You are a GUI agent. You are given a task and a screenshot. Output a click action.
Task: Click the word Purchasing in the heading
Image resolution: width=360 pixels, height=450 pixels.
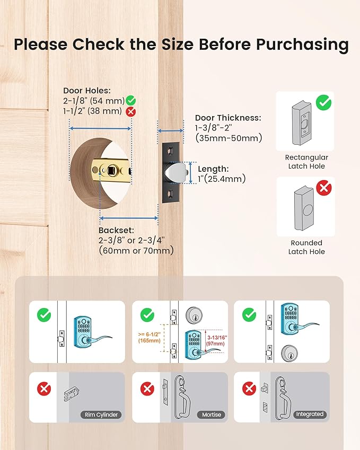302,45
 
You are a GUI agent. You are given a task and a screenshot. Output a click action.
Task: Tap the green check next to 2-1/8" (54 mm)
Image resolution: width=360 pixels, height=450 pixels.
130,101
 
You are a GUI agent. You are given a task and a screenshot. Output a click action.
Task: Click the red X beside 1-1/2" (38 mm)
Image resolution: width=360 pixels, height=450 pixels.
131,111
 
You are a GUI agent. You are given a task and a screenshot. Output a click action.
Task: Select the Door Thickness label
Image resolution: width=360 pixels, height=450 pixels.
228,118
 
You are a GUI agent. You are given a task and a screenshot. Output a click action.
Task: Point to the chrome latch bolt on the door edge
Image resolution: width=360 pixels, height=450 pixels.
175,173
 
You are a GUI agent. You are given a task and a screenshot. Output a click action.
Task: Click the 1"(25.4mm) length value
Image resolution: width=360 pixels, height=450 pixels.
222,179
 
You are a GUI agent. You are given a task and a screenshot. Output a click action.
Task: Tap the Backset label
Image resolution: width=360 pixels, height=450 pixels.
116,230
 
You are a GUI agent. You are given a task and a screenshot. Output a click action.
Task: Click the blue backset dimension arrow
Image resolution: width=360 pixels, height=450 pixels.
129,218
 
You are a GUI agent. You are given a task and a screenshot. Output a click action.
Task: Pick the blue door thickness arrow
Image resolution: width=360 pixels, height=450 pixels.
171,131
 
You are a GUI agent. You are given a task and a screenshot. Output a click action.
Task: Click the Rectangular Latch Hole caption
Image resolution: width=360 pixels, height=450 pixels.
306,162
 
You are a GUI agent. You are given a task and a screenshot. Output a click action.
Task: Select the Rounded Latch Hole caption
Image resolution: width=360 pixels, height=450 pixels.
306,247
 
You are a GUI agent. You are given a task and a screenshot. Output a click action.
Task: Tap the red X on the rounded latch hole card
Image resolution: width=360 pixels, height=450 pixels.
324,188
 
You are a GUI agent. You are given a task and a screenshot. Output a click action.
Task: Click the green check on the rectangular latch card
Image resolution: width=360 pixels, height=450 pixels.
323,103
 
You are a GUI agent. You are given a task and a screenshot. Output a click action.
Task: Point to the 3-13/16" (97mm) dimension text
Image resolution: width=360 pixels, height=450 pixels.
217,341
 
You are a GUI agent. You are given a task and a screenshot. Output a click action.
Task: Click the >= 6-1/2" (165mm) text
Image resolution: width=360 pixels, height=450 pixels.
150,338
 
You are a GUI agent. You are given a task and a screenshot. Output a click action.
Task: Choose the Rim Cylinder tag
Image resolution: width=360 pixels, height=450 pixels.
101,414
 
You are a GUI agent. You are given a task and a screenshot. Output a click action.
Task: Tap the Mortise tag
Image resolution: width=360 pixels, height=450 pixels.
212,414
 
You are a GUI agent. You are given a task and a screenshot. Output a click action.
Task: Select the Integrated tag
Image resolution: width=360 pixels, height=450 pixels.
310,414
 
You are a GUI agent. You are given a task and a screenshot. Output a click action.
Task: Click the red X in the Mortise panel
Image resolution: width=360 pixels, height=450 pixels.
147,389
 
